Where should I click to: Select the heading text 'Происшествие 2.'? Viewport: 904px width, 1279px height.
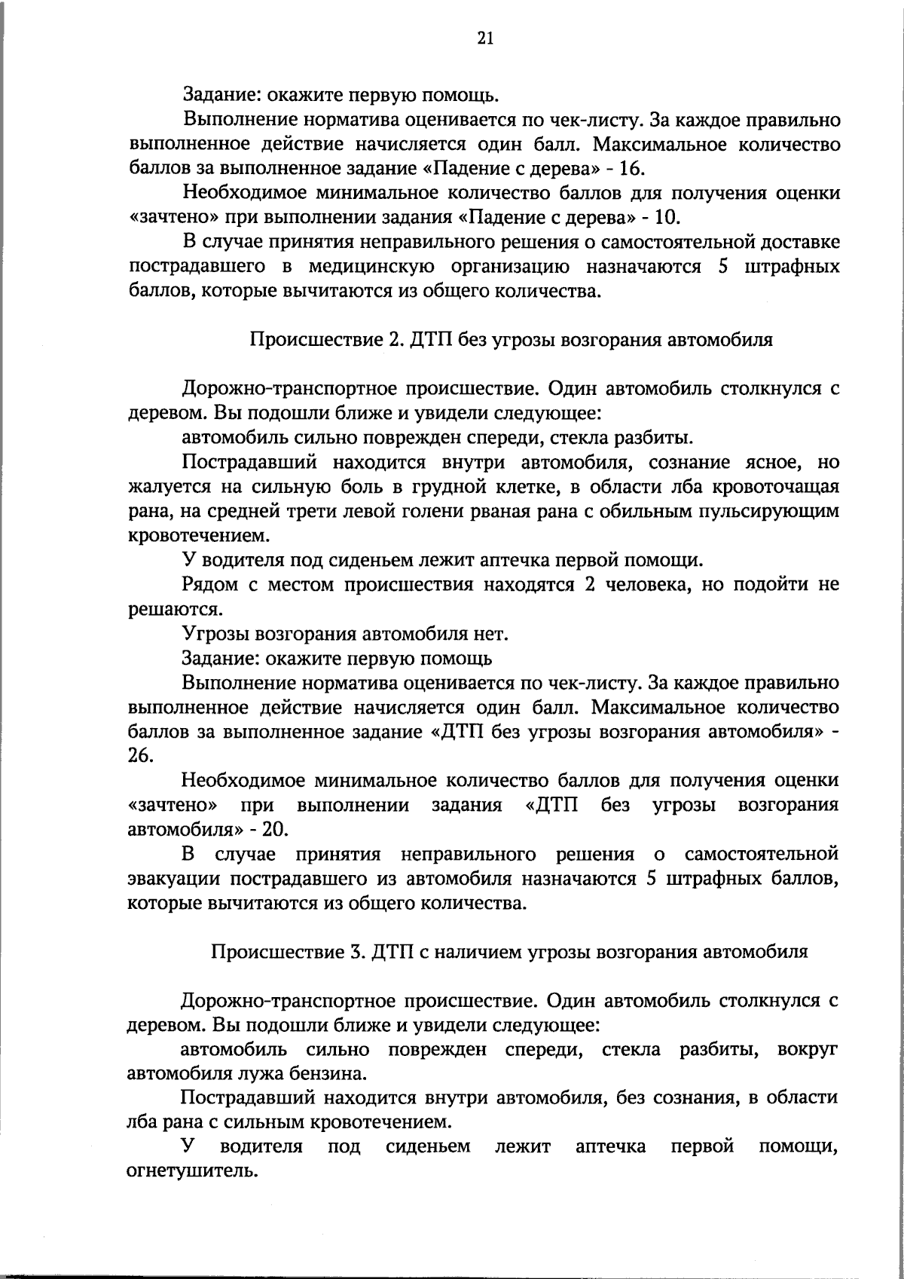(x=326, y=339)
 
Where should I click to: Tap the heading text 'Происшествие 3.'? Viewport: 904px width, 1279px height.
(x=288, y=951)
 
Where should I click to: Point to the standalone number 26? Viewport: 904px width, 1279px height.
(x=141, y=756)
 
